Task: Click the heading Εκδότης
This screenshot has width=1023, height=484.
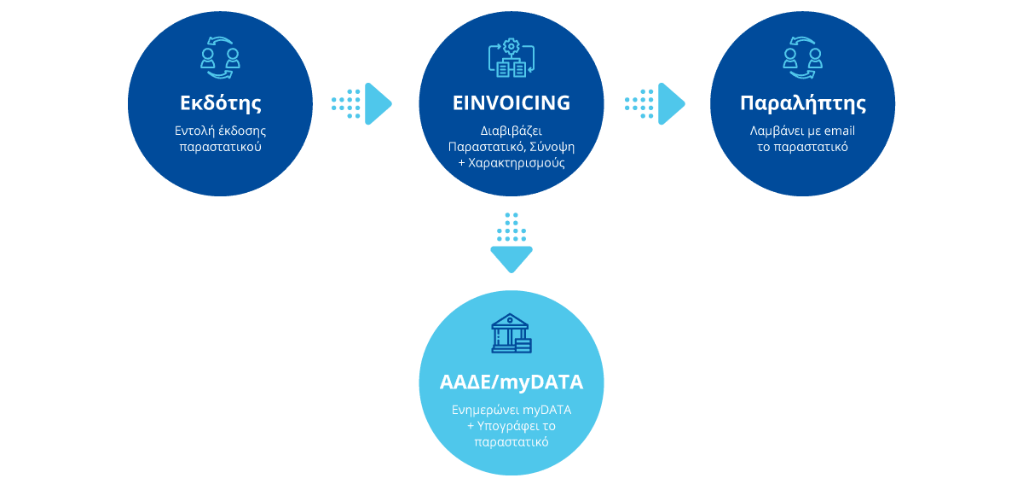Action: pyautogui.click(x=220, y=104)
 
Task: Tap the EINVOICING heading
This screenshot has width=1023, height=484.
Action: pyautogui.click(x=511, y=103)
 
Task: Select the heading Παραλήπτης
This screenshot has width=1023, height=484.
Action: pyautogui.click(x=803, y=104)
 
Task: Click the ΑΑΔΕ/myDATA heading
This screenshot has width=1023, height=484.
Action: pyautogui.click(x=511, y=382)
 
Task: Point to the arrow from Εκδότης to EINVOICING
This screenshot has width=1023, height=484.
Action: pyautogui.click(x=362, y=103)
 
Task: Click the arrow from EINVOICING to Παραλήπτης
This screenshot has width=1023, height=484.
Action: pyautogui.click(x=656, y=103)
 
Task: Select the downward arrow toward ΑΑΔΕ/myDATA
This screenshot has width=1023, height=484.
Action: pyautogui.click(x=511, y=242)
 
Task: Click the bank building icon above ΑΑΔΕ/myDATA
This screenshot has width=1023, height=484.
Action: pyautogui.click(x=511, y=334)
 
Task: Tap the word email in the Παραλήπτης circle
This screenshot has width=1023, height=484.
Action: pyautogui.click(x=838, y=131)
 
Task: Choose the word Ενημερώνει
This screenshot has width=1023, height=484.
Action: pyautogui.click(x=486, y=411)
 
